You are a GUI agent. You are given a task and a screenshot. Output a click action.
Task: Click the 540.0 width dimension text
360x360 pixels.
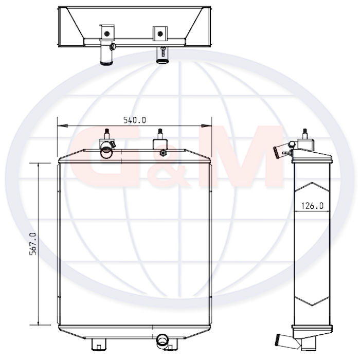coord(135,120)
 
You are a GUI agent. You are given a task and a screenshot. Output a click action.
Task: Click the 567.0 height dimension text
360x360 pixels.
coord(33,244)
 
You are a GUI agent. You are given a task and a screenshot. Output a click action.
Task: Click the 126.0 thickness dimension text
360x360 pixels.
coord(312,206)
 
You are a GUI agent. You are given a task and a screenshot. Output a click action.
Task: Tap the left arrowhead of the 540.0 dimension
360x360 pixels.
coord(63,126)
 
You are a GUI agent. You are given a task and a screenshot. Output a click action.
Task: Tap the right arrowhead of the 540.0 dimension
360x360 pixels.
coord(206,126)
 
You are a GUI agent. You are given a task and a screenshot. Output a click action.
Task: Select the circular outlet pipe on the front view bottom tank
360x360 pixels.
coord(163,341)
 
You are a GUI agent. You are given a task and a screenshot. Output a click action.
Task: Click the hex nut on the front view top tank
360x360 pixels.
coord(163,153)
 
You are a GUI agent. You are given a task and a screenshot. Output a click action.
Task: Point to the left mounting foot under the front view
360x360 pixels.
coord(99,345)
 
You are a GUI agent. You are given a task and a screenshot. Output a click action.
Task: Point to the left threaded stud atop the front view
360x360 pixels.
coord(107,134)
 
